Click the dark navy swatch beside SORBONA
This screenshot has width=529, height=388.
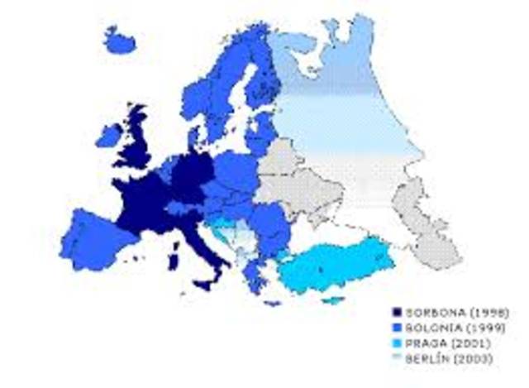pyautogui.click(x=397, y=313)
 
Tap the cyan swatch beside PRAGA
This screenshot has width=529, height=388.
pyautogui.click(x=397, y=342)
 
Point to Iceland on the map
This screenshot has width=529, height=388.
pyautogui.click(x=119, y=39)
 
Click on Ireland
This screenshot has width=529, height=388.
pyautogui.click(x=108, y=136)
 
